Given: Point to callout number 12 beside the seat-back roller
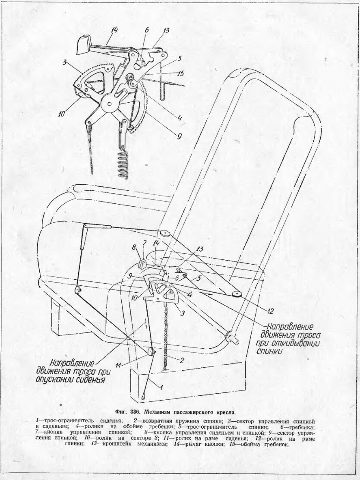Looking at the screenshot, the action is click(270, 311).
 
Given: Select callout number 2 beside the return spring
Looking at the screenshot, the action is click(182, 360).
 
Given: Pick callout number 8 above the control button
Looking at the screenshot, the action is click(133, 247).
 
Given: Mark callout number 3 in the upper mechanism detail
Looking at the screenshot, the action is click(65, 63).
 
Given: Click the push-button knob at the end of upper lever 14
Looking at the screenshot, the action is click(82, 44).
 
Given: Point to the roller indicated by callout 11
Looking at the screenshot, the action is click(150, 352).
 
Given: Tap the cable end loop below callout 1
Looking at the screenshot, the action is click(143, 397).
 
